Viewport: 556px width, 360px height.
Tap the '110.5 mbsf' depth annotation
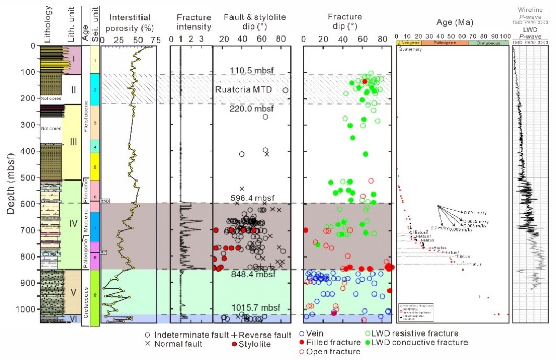(x=250, y=70)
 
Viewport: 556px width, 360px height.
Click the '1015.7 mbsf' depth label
(x=251, y=307)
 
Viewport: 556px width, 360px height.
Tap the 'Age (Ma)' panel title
(x=451, y=23)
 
